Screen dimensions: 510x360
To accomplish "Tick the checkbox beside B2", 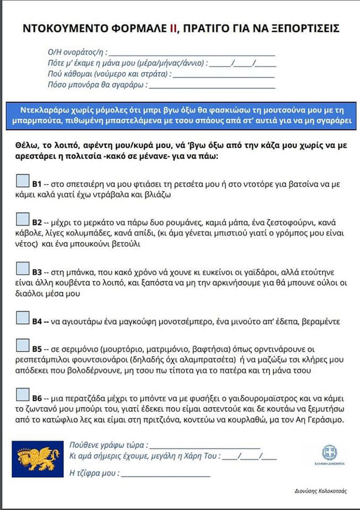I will (23, 219).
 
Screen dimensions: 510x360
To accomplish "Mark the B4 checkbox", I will (23, 318).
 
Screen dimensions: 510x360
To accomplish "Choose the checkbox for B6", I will (23, 395).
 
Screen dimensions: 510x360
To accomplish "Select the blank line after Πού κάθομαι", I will (224, 76).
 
